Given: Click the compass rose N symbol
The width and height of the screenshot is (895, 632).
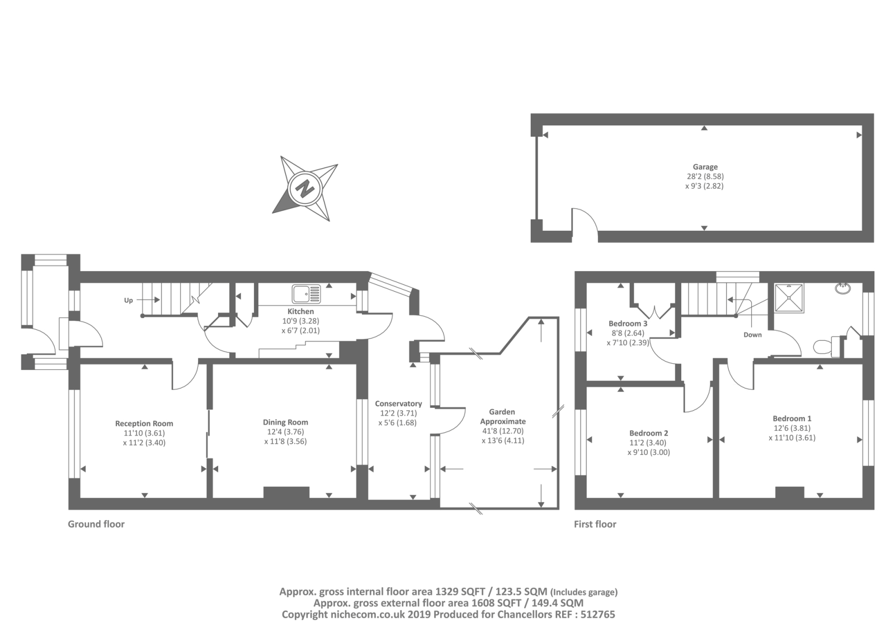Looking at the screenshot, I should pos(305,188).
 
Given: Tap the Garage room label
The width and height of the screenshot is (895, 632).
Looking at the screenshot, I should pos(705,167).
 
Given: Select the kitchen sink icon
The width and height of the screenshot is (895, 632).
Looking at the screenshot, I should pos(306,293).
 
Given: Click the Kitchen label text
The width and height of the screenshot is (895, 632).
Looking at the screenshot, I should pos(300,311).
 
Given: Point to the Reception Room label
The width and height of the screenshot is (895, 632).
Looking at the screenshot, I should pos(144,424).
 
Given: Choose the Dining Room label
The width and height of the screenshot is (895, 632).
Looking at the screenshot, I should pos(285,422).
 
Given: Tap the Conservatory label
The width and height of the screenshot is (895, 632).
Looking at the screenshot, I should pos(398,403).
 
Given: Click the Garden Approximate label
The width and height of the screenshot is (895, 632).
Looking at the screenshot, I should pos(502,417).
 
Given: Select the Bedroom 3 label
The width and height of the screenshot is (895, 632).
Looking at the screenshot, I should pos(628,324).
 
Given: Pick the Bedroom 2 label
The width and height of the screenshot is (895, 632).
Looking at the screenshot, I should pos(648,433).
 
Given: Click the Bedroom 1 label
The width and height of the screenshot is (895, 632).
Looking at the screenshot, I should pos(792,419).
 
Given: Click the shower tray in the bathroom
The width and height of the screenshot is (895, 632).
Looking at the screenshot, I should pos(789,298).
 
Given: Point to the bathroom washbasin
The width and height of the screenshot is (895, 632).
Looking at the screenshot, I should pos(842,288).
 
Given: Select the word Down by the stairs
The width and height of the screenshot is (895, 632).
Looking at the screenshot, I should pos(752,335).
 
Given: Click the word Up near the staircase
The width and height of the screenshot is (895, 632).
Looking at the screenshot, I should pos(128,300).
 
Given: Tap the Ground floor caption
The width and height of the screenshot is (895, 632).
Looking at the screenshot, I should pos(96,524).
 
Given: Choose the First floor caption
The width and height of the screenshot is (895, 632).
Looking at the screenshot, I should pos(595,524).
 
